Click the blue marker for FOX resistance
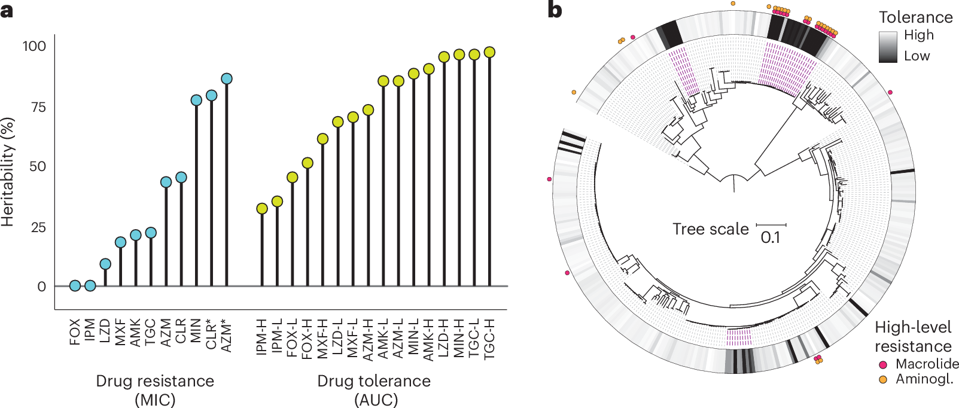75,286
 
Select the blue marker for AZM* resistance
226,79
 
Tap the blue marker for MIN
196,100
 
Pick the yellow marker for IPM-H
262,209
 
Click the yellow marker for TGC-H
489,52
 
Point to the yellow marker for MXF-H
322,139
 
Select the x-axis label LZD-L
338,337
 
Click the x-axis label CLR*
211,334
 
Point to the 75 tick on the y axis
38,107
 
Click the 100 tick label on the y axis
34,46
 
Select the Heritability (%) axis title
7,172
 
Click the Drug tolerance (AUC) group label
375,390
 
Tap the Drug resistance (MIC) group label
155,390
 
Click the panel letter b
555,11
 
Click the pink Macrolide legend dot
883,364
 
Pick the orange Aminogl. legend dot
883,379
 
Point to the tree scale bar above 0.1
771,225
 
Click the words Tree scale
710,229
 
